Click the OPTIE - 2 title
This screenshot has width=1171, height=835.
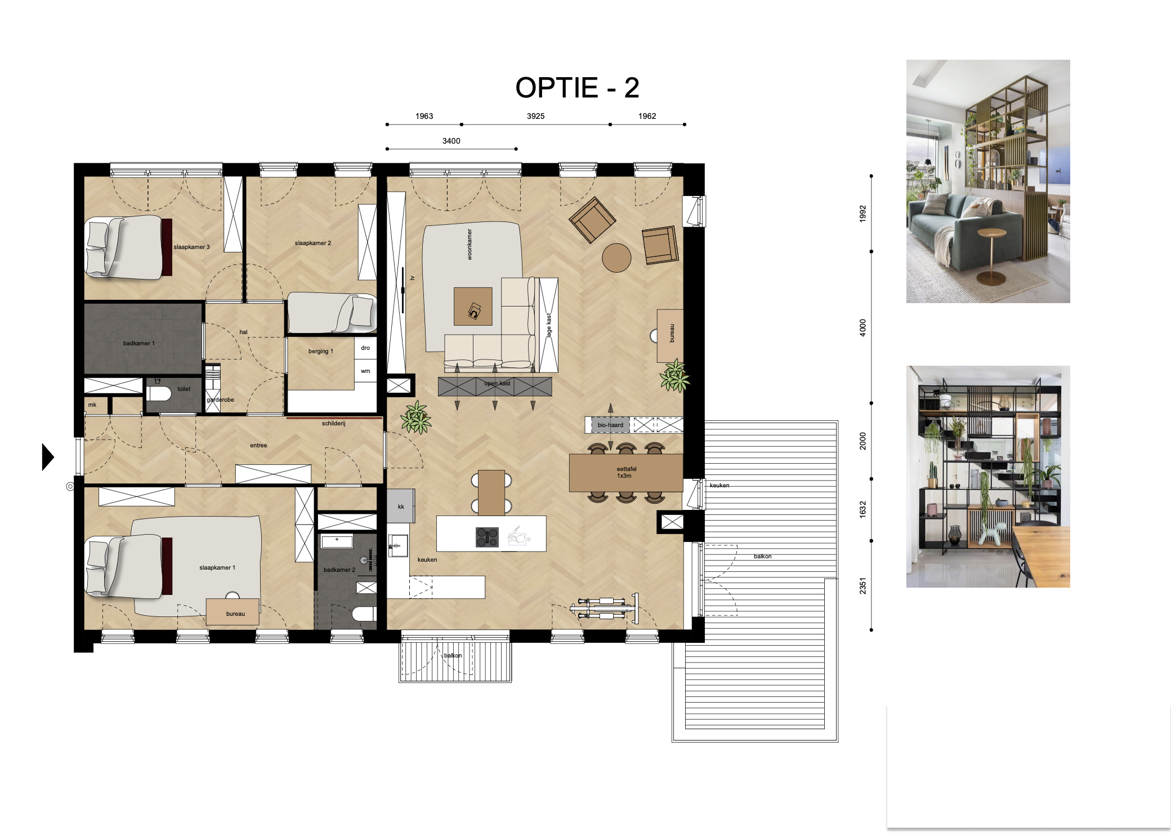coord(577,88)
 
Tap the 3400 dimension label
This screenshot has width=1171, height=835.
coord(451,141)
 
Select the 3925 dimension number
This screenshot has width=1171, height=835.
coord(535,116)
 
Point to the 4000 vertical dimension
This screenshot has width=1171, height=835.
coord(862,328)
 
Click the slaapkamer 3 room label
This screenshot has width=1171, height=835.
coord(191,247)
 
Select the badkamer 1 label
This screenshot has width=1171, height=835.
coord(138,343)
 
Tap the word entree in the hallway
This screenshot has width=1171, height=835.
coord(258,445)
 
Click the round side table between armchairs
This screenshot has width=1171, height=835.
coord(616,257)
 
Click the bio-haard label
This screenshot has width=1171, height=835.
coord(610,425)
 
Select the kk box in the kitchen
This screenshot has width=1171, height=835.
coord(401,506)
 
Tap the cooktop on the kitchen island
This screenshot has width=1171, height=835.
coord(487,537)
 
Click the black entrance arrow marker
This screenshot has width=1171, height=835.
coord(48,456)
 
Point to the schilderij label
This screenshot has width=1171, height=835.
coord(333,423)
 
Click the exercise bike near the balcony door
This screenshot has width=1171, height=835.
coord(605,608)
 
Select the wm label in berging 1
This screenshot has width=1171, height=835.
coord(365,371)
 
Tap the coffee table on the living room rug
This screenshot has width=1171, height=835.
coord(473,307)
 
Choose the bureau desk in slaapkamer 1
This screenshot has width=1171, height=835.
coord(233,612)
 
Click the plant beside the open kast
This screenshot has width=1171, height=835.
coord(416,418)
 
